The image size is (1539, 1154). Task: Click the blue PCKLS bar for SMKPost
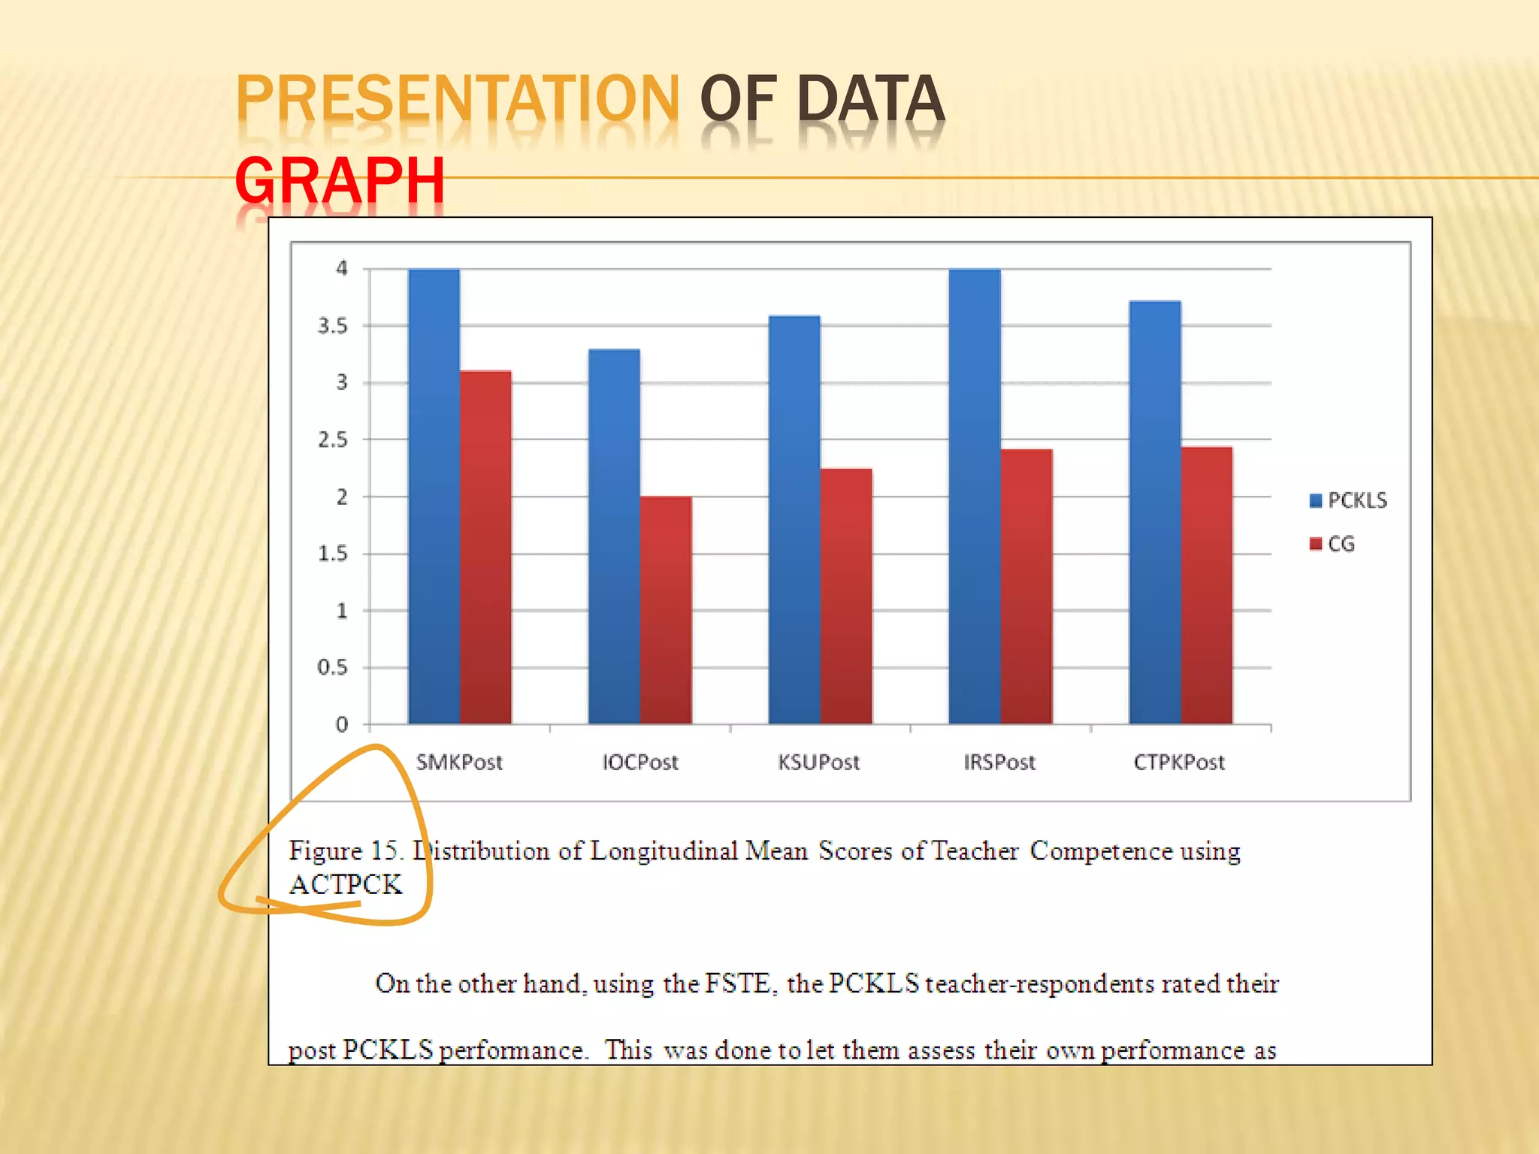pyautogui.click(x=434, y=496)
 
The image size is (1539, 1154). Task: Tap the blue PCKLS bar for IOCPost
pyautogui.click(x=614, y=536)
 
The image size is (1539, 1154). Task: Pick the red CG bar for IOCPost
pyautogui.click(x=666, y=610)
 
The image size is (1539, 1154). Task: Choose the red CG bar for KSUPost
pyautogui.click(x=846, y=596)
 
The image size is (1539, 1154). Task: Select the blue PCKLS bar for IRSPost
pyautogui.click(x=975, y=496)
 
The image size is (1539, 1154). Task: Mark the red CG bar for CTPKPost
pyautogui.click(x=1207, y=585)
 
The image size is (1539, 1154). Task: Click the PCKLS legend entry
pyautogui.click(x=1349, y=500)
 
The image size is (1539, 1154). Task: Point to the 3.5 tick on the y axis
pyautogui.click(x=333, y=326)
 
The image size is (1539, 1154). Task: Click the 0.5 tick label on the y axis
pyautogui.click(x=333, y=667)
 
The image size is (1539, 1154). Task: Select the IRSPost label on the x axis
pyautogui.click(x=999, y=763)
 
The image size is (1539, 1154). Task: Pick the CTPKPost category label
pyautogui.click(x=1179, y=763)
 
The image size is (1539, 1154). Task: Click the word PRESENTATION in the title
pyautogui.click(x=458, y=98)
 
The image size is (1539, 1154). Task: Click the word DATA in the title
pyautogui.click(x=870, y=98)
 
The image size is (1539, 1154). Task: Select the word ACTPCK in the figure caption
pyautogui.click(x=346, y=884)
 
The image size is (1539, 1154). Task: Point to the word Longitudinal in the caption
pyautogui.click(x=664, y=851)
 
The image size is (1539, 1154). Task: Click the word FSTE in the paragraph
pyautogui.click(x=738, y=983)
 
